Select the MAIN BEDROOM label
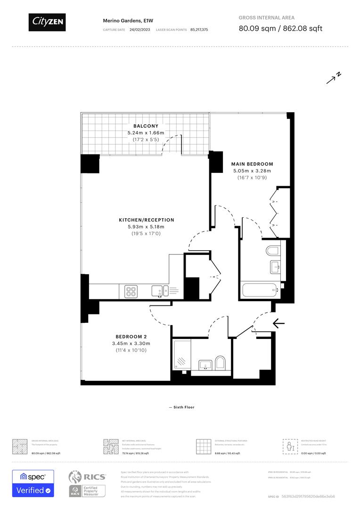pos(252,164)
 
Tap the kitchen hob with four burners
pos(131,291)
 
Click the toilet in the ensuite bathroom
pos(273,250)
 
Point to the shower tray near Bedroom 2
pos(181,355)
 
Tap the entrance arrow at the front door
pos(279,323)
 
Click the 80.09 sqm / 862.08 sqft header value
pos(280,28)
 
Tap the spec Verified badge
pos(33,484)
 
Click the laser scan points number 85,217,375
pos(199,30)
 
